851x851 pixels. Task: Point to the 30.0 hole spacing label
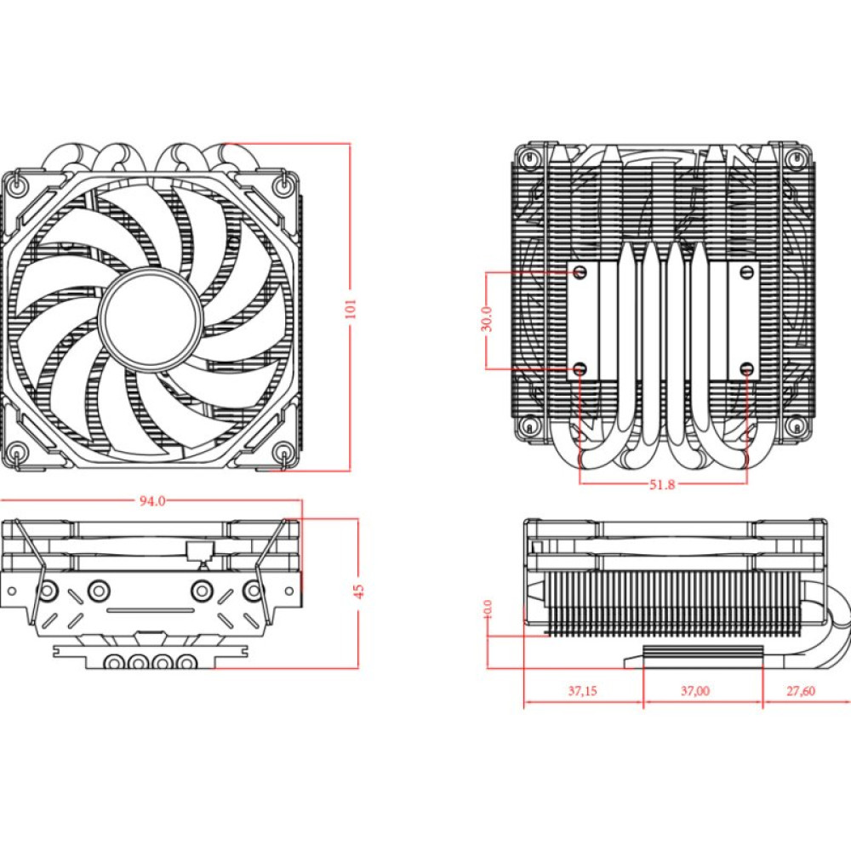486,319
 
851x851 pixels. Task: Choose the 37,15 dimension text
582,691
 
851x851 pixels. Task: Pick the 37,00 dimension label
694,691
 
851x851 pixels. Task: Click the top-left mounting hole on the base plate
580,272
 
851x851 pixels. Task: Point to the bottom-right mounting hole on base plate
746,368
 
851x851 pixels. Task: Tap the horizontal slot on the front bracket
151,610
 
